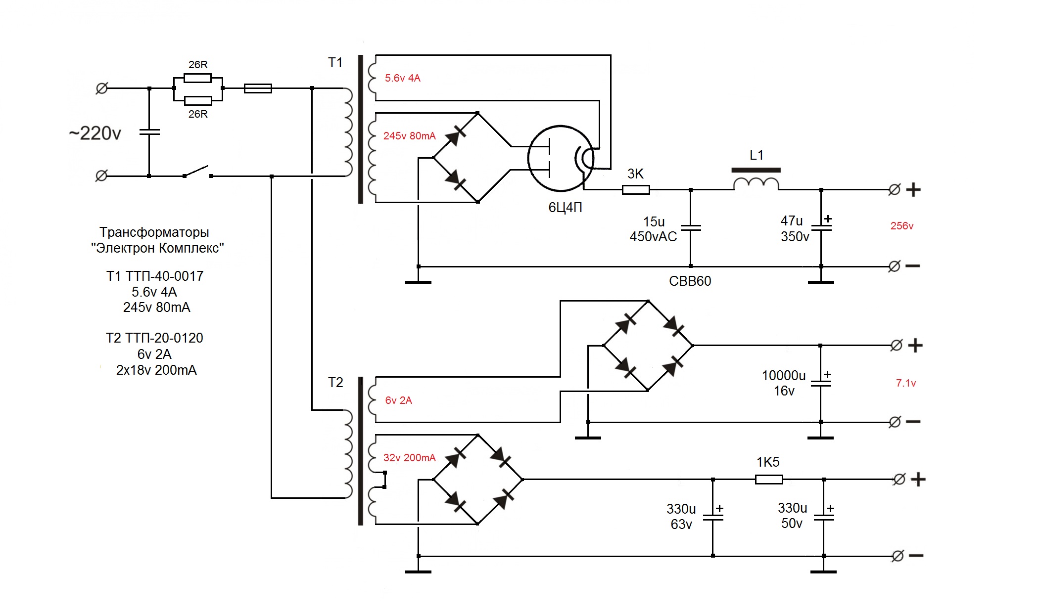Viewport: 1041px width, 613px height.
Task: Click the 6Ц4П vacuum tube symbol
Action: click(x=561, y=158)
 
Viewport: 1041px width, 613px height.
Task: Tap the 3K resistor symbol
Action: click(x=636, y=189)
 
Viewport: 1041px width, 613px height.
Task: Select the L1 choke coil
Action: click(x=756, y=183)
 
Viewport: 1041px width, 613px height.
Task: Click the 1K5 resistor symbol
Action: click(x=769, y=479)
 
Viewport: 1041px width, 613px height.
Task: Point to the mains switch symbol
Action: click(x=197, y=173)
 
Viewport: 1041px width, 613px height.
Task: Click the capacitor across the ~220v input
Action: click(x=149, y=132)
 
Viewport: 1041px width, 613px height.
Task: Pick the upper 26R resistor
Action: click(x=197, y=78)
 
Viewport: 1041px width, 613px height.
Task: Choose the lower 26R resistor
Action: click(x=198, y=101)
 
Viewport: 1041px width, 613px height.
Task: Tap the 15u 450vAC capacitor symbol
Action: click(x=691, y=228)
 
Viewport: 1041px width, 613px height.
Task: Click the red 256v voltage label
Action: click(x=901, y=226)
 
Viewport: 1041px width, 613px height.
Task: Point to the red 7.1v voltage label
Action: click(x=905, y=383)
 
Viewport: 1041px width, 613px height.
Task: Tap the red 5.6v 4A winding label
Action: click(x=402, y=78)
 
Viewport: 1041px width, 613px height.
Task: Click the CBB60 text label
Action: click(x=690, y=281)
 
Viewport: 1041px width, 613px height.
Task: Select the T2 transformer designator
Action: click(x=335, y=383)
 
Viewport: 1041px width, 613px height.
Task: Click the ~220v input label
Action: click(x=95, y=133)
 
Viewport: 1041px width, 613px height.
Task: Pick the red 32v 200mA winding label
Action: click(x=409, y=458)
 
